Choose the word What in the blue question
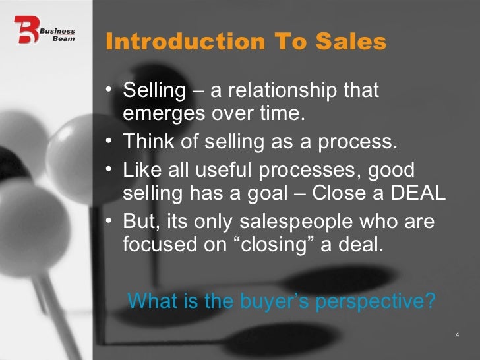(x=152, y=301)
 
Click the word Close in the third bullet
(x=336, y=195)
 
